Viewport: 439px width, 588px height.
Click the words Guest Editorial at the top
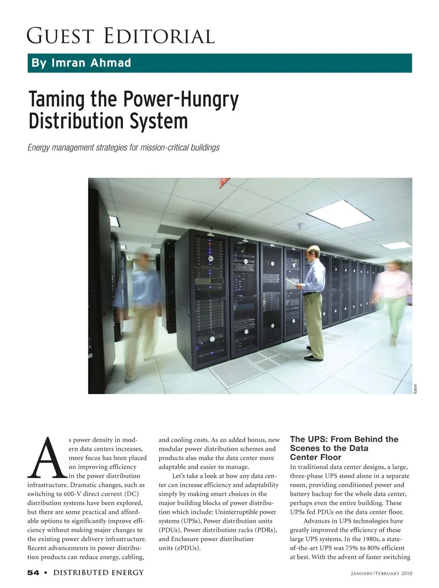(x=121, y=36)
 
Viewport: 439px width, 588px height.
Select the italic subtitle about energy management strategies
(x=123, y=147)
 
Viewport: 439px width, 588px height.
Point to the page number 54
(x=33, y=572)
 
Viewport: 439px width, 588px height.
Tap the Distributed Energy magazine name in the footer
(x=98, y=572)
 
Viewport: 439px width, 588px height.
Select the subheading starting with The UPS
(x=344, y=448)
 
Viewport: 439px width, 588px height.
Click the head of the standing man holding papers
(x=314, y=252)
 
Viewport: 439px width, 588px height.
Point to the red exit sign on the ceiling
(x=225, y=182)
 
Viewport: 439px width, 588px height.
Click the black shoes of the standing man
(x=313, y=357)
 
